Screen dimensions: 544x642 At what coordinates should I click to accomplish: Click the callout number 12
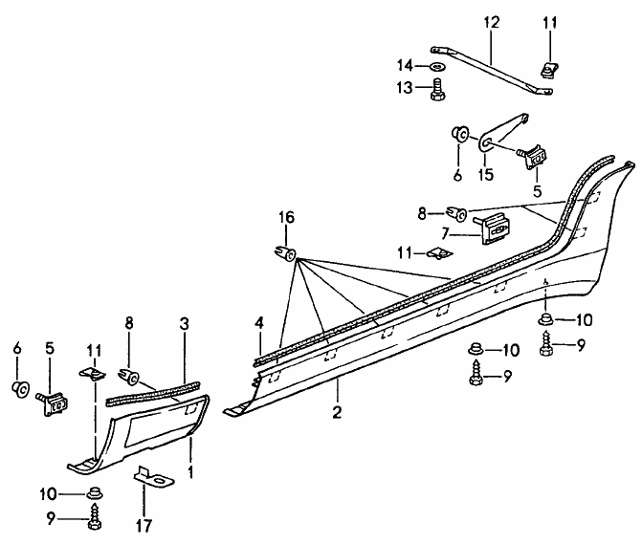tap(491, 21)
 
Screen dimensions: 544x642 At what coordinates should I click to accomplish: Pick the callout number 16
tap(283, 218)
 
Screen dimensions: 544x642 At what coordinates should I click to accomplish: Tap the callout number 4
tap(257, 323)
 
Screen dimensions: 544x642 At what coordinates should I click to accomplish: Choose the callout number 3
tap(184, 324)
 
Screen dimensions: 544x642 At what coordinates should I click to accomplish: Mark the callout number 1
tap(190, 470)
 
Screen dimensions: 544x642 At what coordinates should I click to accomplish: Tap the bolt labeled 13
tap(437, 89)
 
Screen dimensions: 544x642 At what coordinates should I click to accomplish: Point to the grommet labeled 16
tap(284, 253)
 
